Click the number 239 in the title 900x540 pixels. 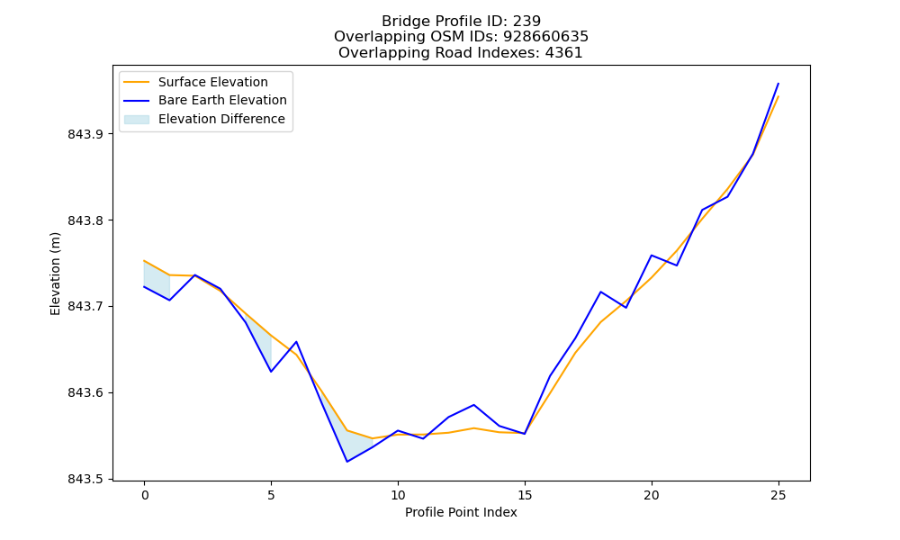(x=526, y=22)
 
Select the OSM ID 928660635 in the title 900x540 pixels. (x=546, y=37)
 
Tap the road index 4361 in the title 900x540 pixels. (x=564, y=53)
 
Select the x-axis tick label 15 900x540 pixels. (x=525, y=495)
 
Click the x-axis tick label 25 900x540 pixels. (x=778, y=495)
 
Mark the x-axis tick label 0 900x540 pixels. (x=144, y=495)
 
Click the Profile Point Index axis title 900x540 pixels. (x=461, y=512)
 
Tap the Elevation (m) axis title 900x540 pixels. (x=55, y=274)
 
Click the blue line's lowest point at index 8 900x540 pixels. (x=346, y=462)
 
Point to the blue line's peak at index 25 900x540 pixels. (x=778, y=83)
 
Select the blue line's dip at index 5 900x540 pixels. (x=271, y=372)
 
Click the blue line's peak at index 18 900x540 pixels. (x=600, y=292)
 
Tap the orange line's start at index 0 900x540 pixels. (x=144, y=260)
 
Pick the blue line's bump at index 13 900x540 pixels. (x=473, y=405)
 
